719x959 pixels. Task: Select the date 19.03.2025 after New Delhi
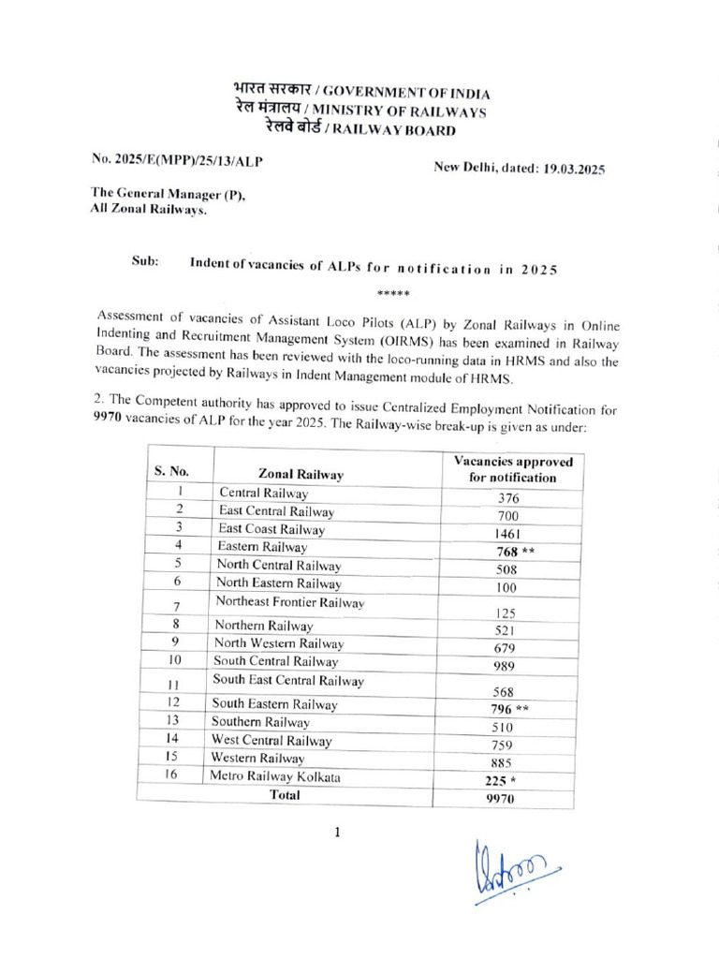tap(574, 170)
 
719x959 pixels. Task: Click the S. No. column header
tap(172, 472)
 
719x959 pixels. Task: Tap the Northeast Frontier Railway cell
tap(289, 602)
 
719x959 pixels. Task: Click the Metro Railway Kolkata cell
tap(274, 776)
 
